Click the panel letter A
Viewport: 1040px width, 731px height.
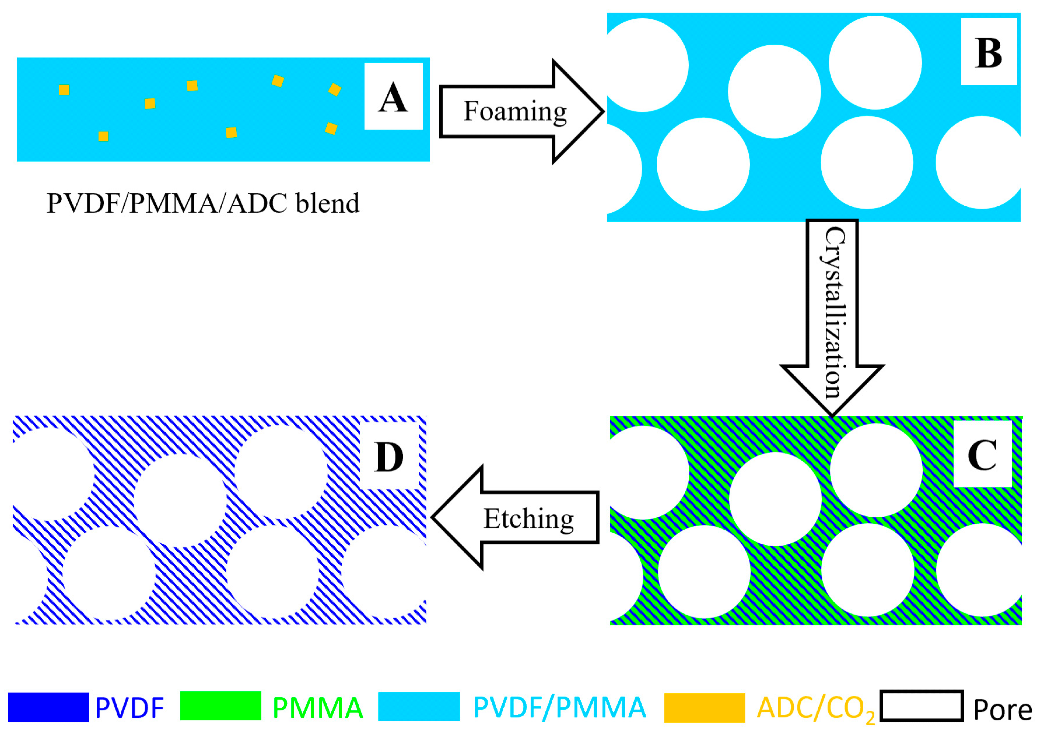(x=393, y=97)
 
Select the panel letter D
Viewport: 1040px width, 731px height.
(x=389, y=458)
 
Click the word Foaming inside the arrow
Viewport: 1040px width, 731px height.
(x=515, y=111)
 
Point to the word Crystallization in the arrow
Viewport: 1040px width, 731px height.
(x=832, y=313)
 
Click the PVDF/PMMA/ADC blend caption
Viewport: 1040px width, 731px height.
(x=203, y=203)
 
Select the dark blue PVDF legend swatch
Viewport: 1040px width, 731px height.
(x=48, y=707)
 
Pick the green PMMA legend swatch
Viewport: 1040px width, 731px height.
(x=221, y=706)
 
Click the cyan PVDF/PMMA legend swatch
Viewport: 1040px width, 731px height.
(x=418, y=706)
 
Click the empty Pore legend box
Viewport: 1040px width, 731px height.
(x=921, y=706)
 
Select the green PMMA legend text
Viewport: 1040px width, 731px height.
(x=317, y=708)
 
